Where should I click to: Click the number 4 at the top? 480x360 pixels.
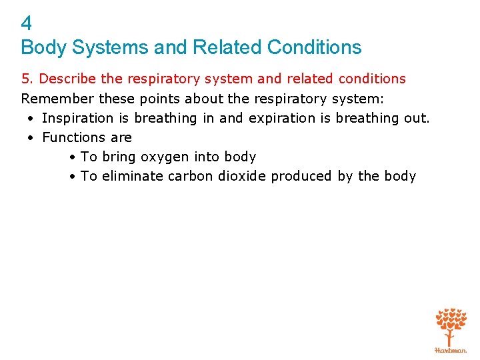[27, 24]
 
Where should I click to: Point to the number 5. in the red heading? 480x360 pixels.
[28, 79]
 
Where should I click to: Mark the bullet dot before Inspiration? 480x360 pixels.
[31, 119]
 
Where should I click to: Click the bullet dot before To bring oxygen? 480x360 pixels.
[71, 157]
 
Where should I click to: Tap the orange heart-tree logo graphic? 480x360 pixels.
[451, 325]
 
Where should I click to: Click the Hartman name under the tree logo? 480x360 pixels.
[451, 349]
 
